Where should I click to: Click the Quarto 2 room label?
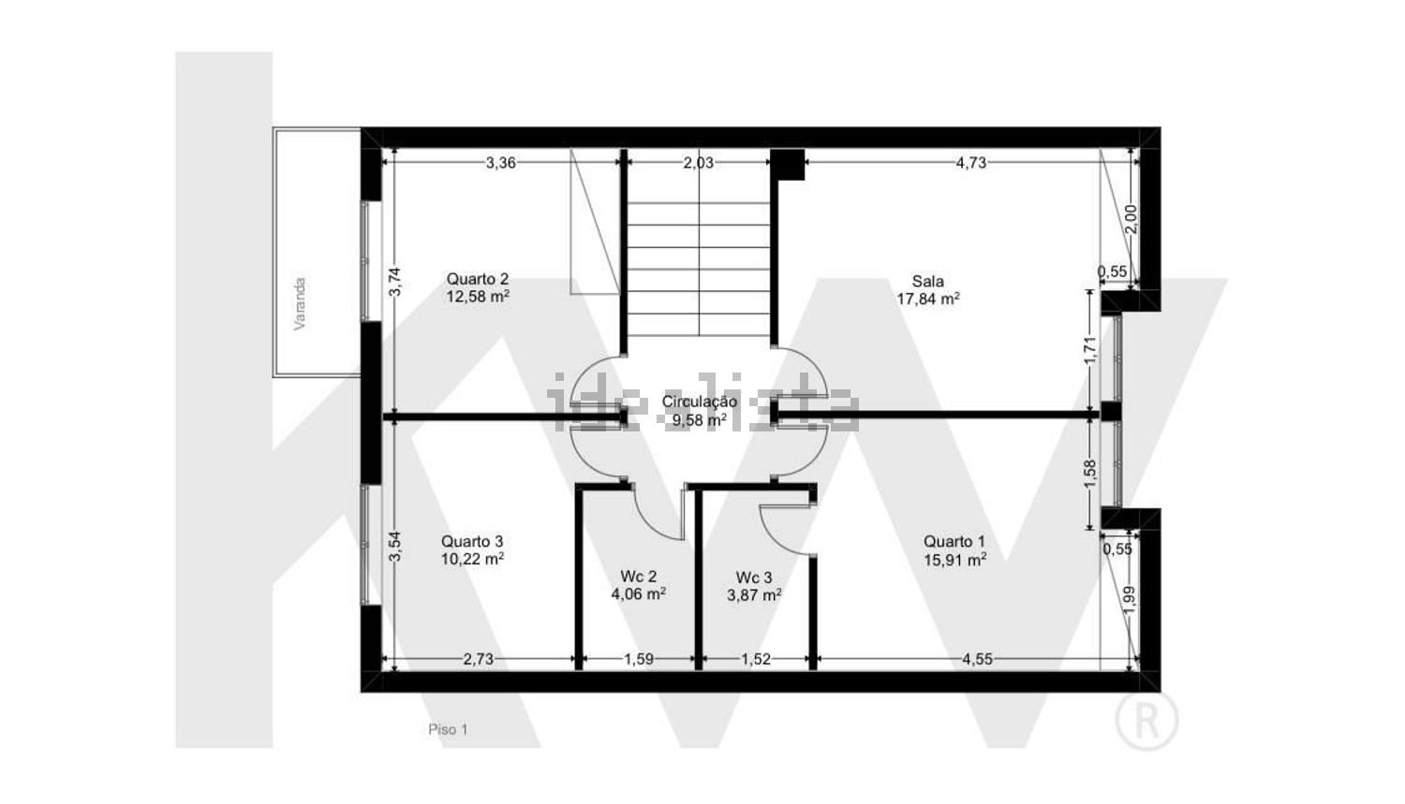[478, 279]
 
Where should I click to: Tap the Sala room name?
[927, 282]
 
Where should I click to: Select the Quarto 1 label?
[954, 541]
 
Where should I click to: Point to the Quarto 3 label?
[472, 541]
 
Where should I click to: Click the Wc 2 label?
[638, 576]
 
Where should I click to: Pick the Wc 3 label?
[754, 577]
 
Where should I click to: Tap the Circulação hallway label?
[700, 402]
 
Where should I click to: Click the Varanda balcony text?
[300, 304]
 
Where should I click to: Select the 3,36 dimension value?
[500, 163]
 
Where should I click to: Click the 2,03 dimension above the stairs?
[698, 163]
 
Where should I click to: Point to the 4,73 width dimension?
[971, 163]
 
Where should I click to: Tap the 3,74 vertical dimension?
[394, 282]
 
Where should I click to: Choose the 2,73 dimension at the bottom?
[479, 659]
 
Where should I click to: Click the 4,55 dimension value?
[977, 659]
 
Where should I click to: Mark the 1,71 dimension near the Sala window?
[1091, 350]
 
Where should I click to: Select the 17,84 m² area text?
[927, 299]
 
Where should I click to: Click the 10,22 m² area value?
[472, 559]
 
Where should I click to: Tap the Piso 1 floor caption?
[448, 729]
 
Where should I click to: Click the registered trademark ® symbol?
[1146, 720]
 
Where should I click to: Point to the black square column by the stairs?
[787, 165]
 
